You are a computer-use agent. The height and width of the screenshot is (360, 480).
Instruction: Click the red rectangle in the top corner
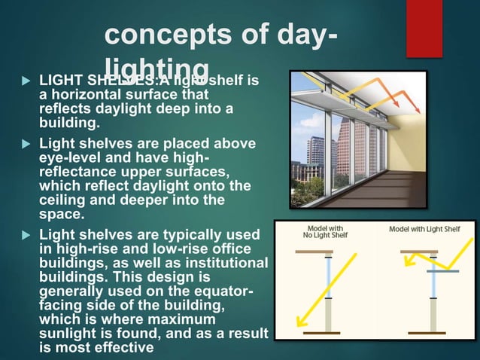click(424, 28)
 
